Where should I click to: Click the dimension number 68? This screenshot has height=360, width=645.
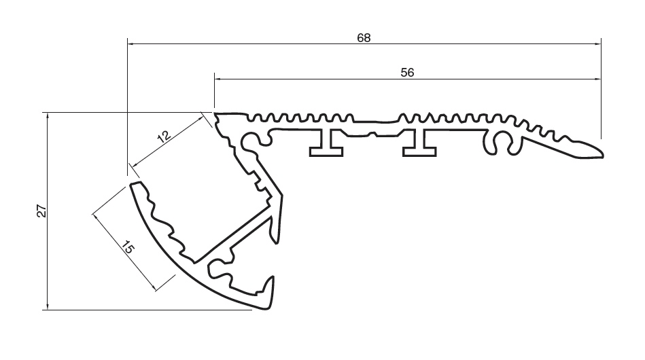pos(364,38)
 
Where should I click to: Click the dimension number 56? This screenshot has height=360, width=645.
pos(407,73)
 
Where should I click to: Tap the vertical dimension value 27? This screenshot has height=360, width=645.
pos(41,211)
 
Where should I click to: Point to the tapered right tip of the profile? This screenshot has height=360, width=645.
pos(598,149)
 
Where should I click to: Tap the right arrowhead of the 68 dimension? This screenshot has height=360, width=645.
pos(597,44)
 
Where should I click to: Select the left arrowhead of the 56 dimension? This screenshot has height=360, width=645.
pos(218,79)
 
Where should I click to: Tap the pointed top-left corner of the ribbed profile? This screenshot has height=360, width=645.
pos(216,115)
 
